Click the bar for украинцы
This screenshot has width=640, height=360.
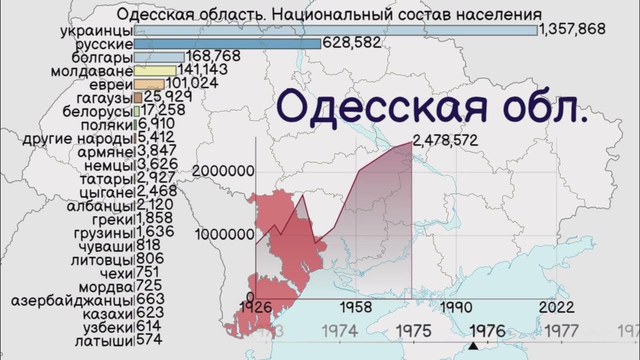(335, 30)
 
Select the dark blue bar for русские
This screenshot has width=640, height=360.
(227, 44)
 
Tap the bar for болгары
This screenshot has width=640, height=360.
(159, 57)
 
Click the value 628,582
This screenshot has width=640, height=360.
(351, 43)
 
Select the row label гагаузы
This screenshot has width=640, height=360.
(104, 97)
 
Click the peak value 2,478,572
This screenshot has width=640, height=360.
(445, 140)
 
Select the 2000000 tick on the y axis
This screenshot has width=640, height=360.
(223, 171)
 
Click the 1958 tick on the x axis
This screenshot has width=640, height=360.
(355, 307)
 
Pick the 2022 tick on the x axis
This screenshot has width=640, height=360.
(556, 307)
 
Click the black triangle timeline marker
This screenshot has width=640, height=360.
(473, 345)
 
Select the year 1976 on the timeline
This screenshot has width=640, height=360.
(487, 331)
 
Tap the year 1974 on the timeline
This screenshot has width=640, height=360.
(340, 331)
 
